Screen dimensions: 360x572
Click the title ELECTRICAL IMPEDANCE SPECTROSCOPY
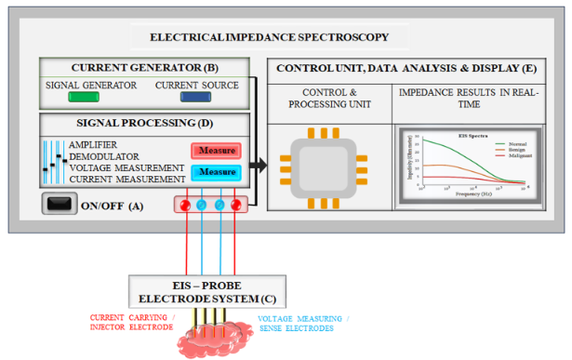tap(269, 38)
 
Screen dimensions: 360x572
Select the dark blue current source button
tap(196, 98)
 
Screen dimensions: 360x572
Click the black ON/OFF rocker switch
tap(60, 204)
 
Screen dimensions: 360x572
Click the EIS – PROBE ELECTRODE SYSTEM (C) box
tap(206, 291)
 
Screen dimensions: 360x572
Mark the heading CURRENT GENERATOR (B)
tap(145, 69)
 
